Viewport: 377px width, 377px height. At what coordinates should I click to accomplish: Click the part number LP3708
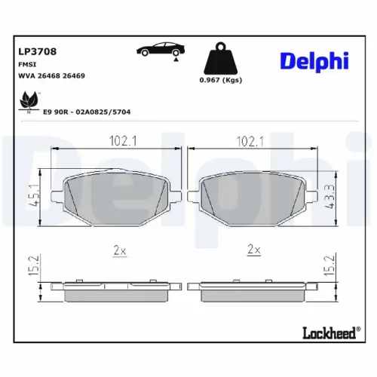pyautogui.click(x=38, y=52)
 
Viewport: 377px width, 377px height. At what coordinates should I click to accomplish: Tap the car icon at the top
pyautogui.click(x=159, y=51)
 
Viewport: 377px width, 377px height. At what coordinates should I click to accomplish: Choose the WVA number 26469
pyautogui.click(x=74, y=76)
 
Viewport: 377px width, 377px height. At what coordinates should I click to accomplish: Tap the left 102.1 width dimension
pyautogui.click(x=118, y=140)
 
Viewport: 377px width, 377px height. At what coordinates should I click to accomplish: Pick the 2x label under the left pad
pyautogui.click(x=118, y=249)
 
